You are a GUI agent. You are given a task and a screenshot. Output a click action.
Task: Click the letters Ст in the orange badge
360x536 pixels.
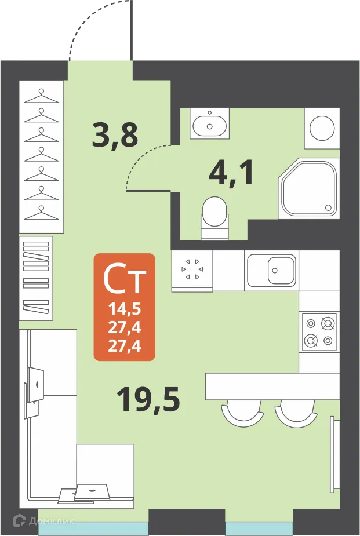(124, 280)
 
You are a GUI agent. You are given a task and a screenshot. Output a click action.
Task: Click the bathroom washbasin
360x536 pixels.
(209, 123)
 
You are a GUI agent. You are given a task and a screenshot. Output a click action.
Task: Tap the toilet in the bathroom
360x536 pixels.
(214, 213)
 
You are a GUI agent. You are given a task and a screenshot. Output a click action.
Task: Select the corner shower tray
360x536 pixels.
(308, 189)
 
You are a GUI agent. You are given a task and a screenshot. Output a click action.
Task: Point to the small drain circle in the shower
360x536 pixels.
(328, 207)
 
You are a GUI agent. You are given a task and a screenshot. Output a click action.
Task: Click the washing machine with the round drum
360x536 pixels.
(322, 126)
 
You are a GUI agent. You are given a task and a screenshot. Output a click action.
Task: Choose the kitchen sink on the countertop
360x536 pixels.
(271, 270)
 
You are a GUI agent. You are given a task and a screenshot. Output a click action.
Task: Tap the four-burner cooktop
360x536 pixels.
(319, 332)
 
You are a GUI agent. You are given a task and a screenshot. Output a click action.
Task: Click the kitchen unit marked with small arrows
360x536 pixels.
(192, 269)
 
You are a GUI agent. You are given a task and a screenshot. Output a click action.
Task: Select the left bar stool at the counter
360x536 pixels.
(242, 412)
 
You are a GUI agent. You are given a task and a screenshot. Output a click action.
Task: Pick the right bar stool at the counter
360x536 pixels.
(296, 412)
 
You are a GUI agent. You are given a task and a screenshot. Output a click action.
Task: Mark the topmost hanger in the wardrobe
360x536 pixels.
(42, 96)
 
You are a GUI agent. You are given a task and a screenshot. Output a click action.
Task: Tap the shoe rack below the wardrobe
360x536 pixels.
(36, 278)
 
